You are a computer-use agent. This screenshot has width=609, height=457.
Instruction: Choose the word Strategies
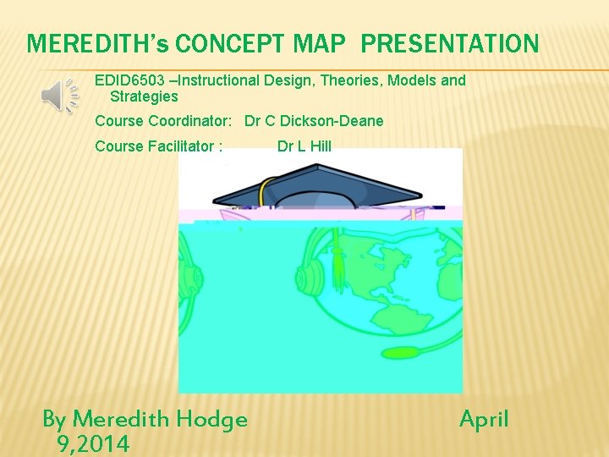tap(144, 96)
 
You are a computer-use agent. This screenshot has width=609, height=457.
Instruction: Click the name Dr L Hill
tap(304, 146)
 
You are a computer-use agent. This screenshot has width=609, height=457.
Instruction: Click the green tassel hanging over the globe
tap(338, 262)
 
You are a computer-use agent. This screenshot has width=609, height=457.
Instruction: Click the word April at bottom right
tap(484, 419)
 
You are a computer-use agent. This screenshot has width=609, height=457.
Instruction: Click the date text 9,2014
tap(93, 443)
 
